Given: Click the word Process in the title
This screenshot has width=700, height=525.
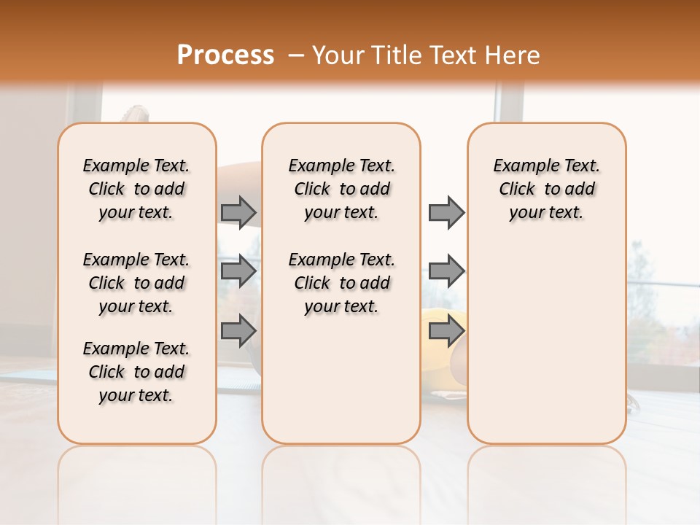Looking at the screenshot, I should [x=225, y=55].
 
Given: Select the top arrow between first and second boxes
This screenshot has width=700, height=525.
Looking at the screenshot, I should [x=238, y=212].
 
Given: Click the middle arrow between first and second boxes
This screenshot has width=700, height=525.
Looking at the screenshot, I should [x=238, y=271].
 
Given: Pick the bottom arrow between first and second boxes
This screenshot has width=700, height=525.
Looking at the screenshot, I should [x=238, y=330].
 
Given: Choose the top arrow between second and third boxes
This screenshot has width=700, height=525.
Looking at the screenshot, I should [x=446, y=212].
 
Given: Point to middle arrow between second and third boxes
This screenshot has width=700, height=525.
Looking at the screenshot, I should [x=446, y=271].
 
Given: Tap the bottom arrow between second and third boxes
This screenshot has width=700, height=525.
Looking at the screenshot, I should [x=446, y=330].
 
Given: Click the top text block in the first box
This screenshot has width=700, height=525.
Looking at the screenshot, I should [x=136, y=189].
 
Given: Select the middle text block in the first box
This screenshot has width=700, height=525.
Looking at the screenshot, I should [x=136, y=283].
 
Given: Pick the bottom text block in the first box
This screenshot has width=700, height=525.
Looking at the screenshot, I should [x=136, y=372].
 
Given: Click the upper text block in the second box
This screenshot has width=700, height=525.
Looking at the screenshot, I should [x=341, y=189].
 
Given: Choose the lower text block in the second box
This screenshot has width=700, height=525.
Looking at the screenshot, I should [x=341, y=283].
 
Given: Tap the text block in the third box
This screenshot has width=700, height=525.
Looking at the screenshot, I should [x=546, y=189].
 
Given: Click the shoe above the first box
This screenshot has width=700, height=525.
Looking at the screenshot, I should [x=135, y=114].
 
